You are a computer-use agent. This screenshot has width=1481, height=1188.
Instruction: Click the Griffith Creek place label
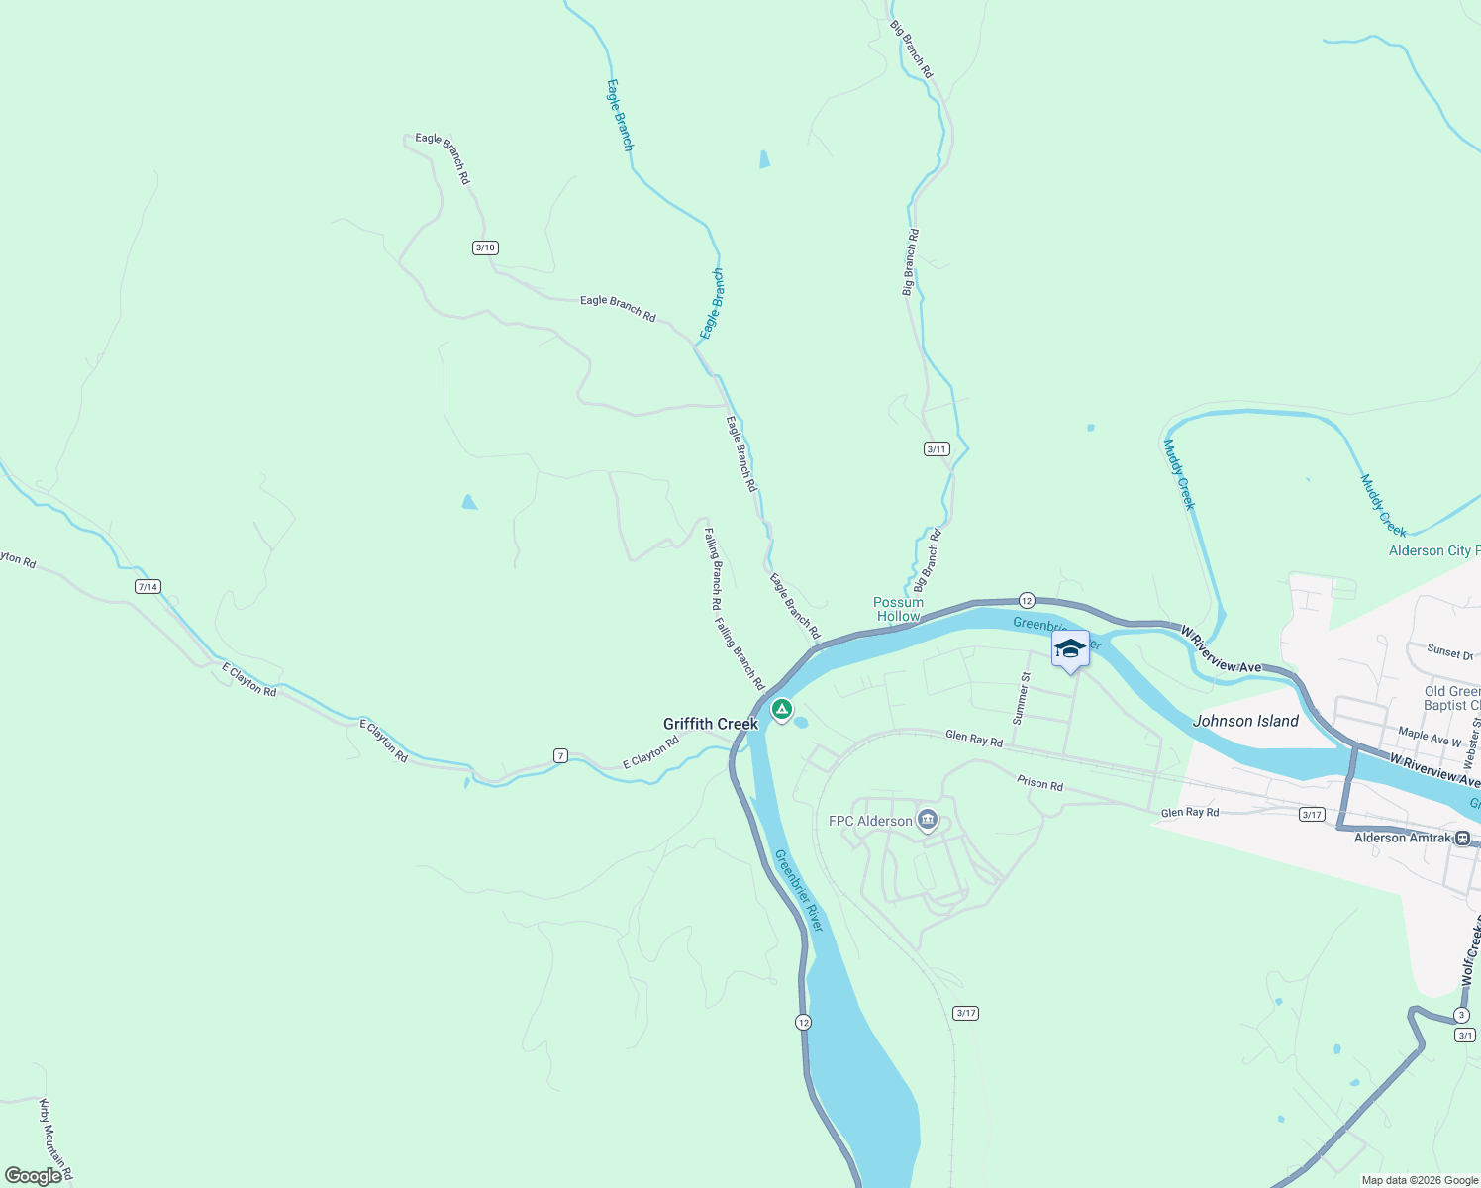pos(710,724)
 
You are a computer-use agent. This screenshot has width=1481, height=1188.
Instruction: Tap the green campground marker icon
pos(782,709)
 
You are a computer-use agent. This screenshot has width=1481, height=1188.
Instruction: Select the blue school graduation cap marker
pos(1069,649)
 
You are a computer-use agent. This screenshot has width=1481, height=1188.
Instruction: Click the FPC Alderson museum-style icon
pos(928,820)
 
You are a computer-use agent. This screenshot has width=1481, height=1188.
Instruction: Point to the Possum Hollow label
pos(898,609)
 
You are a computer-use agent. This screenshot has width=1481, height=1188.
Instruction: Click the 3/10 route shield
pos(485,247)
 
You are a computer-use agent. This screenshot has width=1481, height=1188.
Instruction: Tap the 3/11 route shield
pos(937,448)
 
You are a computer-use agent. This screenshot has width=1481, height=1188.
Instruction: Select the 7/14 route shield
pos(148,587)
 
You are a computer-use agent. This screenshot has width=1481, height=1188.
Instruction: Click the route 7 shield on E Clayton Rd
pos(560,756)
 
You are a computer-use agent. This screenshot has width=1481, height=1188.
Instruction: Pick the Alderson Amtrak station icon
pos(1463,838)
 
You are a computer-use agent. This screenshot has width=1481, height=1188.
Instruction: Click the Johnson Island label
pos(1245,721)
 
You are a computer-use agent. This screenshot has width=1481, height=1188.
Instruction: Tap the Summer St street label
pos(1023,697)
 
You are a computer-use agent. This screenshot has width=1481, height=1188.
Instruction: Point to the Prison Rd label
pos(1039,783)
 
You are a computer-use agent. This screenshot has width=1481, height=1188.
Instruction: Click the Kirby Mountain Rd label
pos(55,1139)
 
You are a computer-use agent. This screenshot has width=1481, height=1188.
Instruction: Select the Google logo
pos(33,1176)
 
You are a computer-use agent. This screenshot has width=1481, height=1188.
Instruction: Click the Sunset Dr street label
pos(1449,651)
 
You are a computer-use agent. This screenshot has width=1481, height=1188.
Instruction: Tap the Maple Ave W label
pos(1429,736)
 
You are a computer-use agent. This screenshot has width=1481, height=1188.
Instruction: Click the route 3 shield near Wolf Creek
pos(1461,1015)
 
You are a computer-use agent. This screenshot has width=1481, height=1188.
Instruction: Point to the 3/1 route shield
pos(1465,1036)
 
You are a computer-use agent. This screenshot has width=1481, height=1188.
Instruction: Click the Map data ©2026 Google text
pos(1420,1180)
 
